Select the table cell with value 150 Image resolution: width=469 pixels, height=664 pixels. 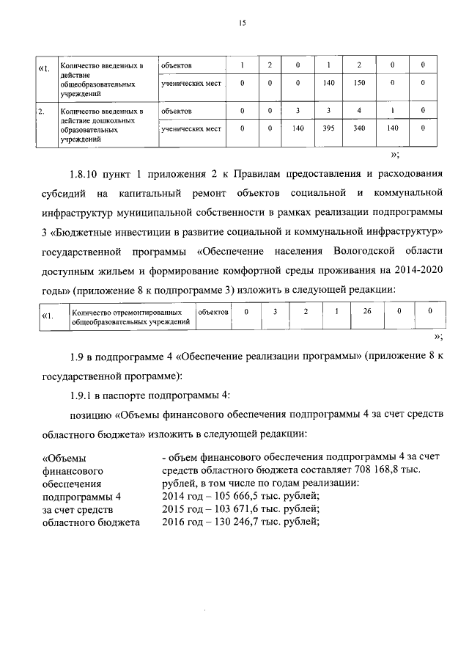tap(359, 83)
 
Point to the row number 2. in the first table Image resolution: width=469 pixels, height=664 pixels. tap(43, 112)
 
